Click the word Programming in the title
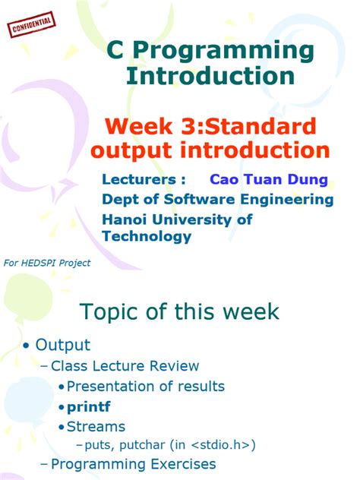point(220,51)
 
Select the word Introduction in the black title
point(210,76)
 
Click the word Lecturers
point(144,180)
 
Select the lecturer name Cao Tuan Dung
point(269,180)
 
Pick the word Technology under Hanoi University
point(146,236)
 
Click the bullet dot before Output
point(27,346)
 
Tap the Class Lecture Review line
point(125,366)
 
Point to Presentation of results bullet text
point(145,387)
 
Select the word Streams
point(96,426)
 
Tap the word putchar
point(153,444)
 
